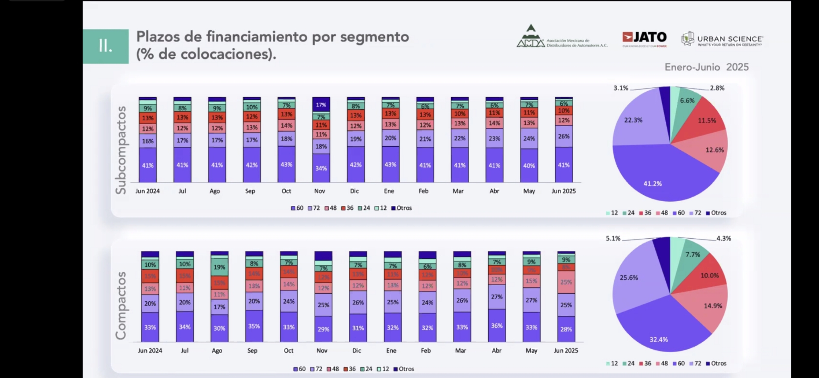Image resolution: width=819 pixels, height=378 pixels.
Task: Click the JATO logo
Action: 644,37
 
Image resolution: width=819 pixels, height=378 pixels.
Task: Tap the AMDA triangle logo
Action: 531,36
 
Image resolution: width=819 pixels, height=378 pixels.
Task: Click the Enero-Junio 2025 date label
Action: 706,67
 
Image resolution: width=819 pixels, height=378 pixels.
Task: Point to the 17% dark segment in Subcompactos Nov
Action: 321,105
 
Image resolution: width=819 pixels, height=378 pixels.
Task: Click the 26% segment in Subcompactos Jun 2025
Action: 563,136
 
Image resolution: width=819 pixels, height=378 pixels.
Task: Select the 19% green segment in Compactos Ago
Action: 219,267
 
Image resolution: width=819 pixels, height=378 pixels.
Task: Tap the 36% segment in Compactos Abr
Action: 497,325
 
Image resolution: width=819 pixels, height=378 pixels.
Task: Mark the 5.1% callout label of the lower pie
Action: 613,238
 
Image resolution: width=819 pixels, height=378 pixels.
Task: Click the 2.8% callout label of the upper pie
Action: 717,88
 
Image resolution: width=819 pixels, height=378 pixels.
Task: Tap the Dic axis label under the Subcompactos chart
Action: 354,191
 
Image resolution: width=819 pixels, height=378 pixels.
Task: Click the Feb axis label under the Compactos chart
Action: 426,350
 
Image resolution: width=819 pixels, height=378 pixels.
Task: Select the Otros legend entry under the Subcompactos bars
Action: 401,208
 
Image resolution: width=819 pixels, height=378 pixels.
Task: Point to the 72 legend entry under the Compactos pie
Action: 695,363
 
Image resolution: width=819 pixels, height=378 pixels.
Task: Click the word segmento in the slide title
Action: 374,37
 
